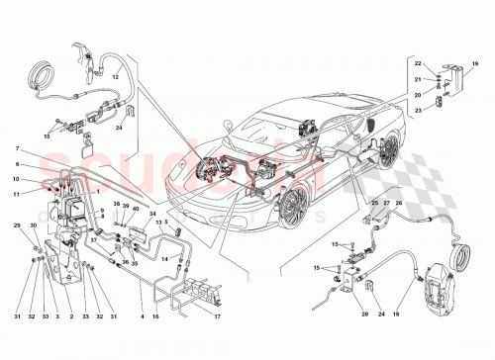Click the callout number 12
116,76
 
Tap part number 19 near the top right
474,64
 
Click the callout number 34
152,214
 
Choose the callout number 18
396,316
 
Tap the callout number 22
417,64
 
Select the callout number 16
154,316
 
